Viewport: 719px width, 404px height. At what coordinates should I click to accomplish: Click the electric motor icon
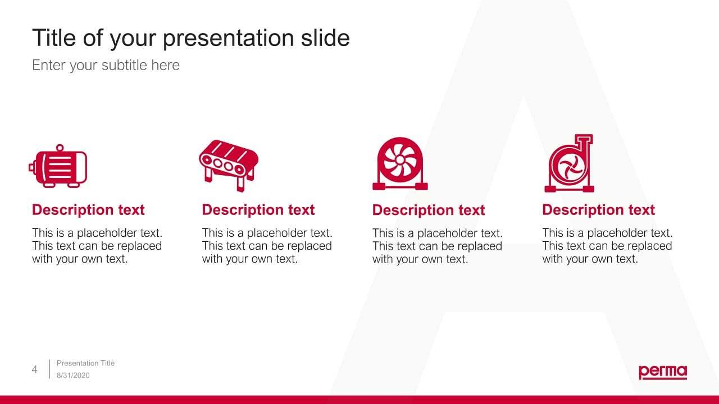pyautogui.click(x=58, y=166)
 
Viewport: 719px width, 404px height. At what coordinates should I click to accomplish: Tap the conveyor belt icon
pyautogui.click(x=229, y=166)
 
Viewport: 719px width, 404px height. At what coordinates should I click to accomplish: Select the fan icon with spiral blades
pyautogui.click(x=400, y=164)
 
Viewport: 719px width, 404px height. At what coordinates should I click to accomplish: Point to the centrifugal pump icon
pyautogui.click(x=570, y=163)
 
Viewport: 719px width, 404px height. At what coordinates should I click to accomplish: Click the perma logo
pyautogui.click(x=663, y=372)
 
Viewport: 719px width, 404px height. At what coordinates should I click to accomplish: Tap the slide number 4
pyautogui.click(x=35, y=369)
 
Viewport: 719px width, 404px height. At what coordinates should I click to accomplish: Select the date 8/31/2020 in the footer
pyautogui.click(x=73, y=375)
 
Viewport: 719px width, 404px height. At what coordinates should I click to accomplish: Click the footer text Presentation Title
pyautogui.click(x=85, y=363)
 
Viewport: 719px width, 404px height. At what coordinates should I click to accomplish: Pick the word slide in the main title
pyautogui.click(x=325, y=38)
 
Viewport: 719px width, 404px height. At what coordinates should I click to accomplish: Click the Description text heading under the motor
pyautogui.click(x=88, y=210)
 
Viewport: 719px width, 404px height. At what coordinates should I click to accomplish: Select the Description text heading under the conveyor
pyautogui.click(x=258, y=210)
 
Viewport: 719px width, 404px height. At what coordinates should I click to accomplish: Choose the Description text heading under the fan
pyautogui.click(x=429, y=210)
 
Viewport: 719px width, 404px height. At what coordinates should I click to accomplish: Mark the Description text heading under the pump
pyautogui.click(x=599, y=210)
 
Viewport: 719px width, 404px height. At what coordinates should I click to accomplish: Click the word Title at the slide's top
pyautogui.click(x=54, y=38)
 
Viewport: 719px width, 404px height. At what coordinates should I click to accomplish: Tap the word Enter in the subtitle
pyautogui.click(x=48, y=65)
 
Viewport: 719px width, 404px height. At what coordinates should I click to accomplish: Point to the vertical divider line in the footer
pyautogui.click(x=50, y=369)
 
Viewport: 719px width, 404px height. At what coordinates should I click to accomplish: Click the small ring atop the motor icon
pyautogui.click(x=60, y=148)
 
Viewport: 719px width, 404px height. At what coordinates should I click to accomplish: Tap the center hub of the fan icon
pyautogui.click(x=400, y=159)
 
